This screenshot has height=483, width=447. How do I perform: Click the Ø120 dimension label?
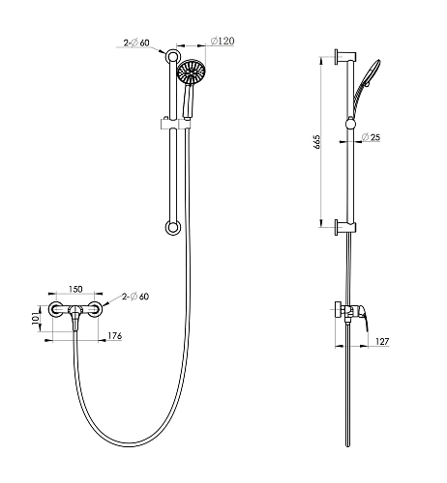click(x=223, y=42)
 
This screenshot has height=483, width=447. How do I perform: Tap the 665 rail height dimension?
click(x=317, y=142)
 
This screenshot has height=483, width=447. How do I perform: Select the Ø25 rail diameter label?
click(x=371, y=137)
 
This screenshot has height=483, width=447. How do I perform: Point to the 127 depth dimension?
click(x=382, y=341)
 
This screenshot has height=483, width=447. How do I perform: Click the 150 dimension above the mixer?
click(x=75, y=289)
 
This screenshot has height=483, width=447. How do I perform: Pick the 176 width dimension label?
click(x=115, y=336)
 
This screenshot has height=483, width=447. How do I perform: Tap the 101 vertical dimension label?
click(x=36, y=319)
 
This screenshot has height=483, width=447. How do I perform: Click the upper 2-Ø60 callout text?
click(x=136, y=43)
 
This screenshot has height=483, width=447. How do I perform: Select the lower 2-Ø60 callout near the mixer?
click(x=135, y=297)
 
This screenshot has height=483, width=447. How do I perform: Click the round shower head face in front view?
click(x=192, y=73)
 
